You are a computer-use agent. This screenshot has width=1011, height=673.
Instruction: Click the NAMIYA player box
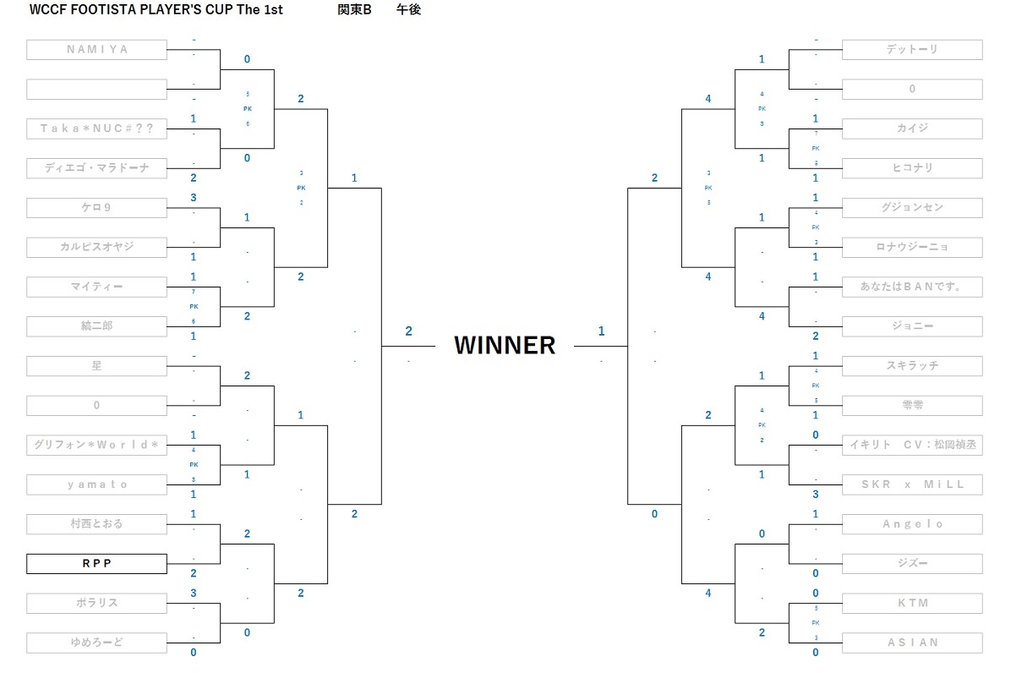(96, 49)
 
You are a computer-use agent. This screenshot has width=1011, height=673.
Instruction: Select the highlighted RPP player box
(96, 563)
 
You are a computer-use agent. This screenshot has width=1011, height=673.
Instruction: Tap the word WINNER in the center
(505, 345)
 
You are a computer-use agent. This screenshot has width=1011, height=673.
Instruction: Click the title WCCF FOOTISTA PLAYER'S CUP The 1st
(156, 10)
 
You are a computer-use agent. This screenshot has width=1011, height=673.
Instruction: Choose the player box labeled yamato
(96, 484)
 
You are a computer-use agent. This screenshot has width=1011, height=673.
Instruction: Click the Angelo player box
(912, 524)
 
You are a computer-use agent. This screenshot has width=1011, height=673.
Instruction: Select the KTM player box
(912, 603)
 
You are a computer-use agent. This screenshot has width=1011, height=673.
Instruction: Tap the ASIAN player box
(912, 643)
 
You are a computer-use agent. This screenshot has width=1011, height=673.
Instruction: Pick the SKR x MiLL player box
(912, 484)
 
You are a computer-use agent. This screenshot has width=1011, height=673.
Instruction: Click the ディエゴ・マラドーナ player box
(96, 168)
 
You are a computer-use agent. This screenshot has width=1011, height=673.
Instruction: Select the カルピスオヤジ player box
(96, 247)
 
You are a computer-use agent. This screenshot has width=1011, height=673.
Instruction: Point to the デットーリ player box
(912, 49)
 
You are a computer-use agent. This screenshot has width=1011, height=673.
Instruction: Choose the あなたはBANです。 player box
(912, 287)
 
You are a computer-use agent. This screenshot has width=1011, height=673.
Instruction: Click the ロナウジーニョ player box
(912, 247)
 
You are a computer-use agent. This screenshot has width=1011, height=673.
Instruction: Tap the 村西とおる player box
(96, 524)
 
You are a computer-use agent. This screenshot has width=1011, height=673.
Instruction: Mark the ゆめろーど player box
(96, 643)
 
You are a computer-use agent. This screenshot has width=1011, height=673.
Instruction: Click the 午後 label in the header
(408, 10)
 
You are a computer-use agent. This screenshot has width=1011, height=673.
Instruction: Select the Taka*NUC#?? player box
(96, 129)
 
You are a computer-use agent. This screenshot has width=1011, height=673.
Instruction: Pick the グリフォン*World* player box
(96, 445)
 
